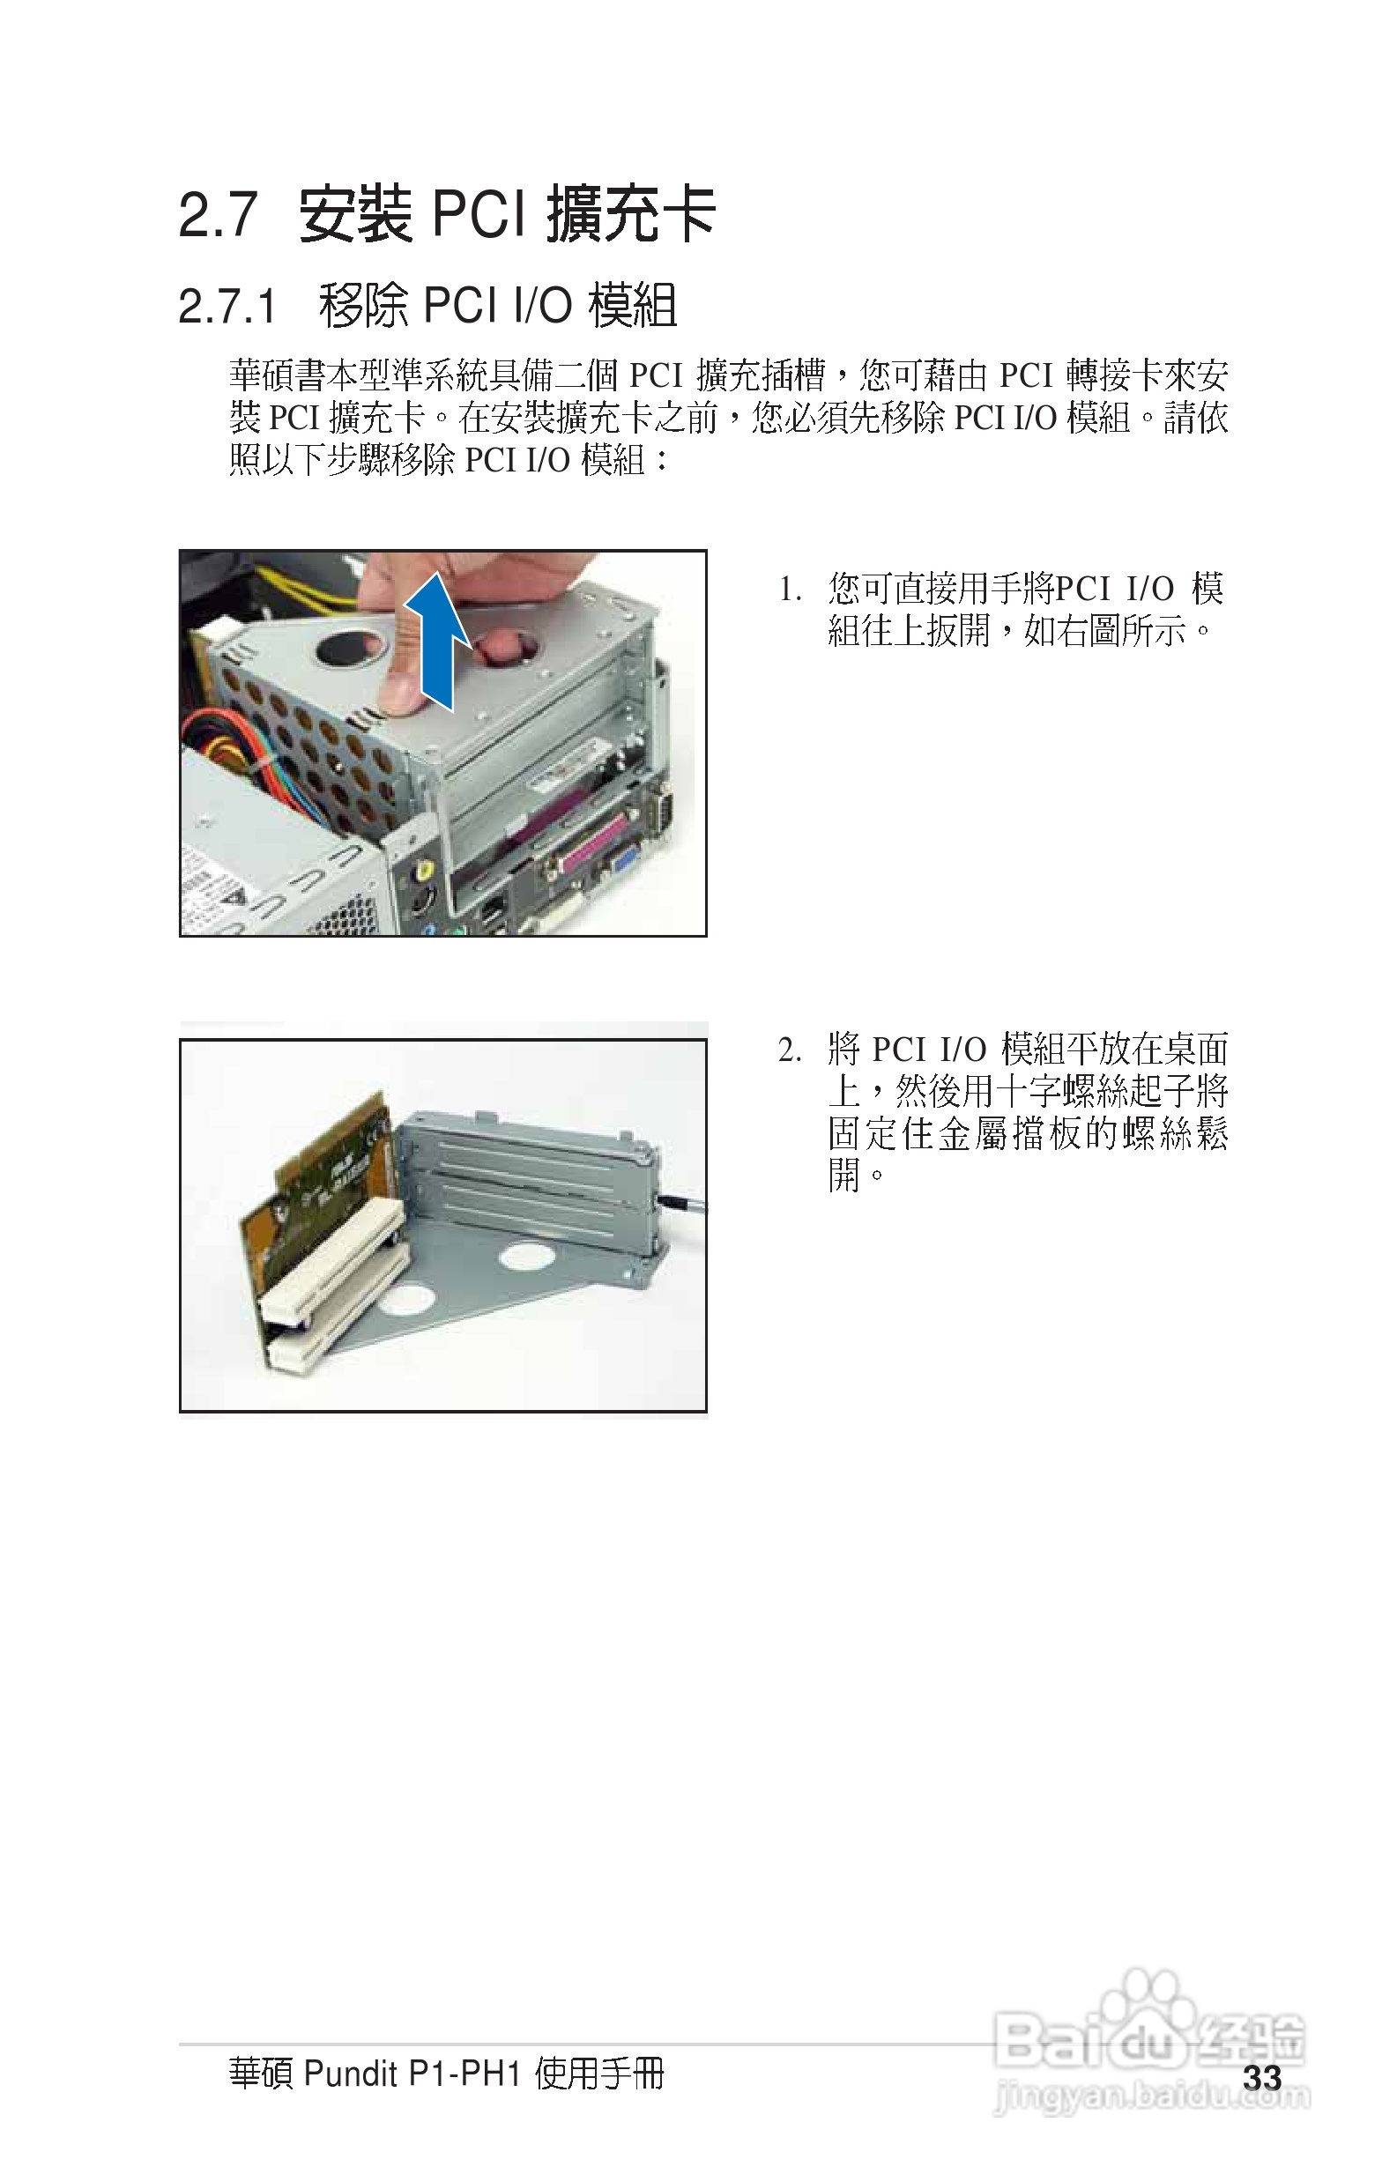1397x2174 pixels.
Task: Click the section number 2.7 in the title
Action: (x=218, y=217)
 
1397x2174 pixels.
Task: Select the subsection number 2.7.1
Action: (x=227, y=307)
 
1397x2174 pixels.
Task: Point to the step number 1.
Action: (x=789, y=591)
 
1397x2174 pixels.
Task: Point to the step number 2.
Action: (x=789, y=1051)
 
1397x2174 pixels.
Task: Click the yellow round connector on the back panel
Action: (x=423, y=872)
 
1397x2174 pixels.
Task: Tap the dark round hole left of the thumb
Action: (x=350, y=649)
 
